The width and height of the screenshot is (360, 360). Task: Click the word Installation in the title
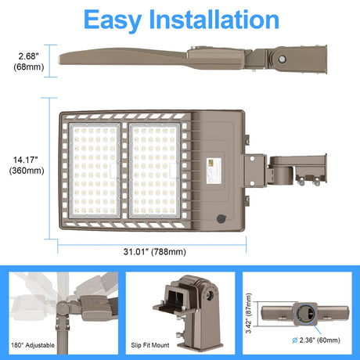[214, 20]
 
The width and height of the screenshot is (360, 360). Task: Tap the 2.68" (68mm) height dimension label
[29, 62]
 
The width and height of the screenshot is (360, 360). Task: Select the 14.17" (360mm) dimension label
[27, 165]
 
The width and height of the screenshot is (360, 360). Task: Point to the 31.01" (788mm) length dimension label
[155, 252]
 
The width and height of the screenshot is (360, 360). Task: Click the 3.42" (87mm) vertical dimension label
[249, 313]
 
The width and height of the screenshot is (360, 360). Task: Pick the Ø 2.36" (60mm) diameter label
[316, 340]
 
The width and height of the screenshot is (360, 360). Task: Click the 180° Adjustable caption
[33, 345]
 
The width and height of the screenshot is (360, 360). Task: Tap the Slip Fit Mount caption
[150, 345]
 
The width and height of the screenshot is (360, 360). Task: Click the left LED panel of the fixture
[95, 171]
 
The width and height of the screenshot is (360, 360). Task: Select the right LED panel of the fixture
[155, 171]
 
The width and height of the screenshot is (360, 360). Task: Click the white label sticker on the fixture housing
[214, 171]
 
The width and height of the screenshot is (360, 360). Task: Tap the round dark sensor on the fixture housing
[221, 218]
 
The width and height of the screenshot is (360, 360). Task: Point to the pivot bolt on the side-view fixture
[282, 59]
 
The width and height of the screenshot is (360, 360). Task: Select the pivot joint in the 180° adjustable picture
[63, 309]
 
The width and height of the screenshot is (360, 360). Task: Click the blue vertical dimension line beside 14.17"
[49, 168]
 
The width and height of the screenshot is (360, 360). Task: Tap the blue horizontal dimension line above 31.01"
[152, 245]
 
